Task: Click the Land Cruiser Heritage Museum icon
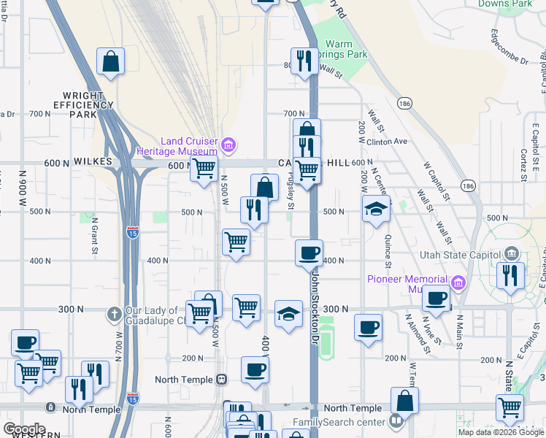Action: pyautogui.click(x=228, y=145)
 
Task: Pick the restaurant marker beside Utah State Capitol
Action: pyautogui.click(x=510, y=276)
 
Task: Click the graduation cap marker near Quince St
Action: pyautogui.click(x=377, y=210)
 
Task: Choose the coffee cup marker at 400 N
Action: pyautogui.click(x=309, y=253)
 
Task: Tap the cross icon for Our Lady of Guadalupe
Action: pyautogui.click(x=113, y=314)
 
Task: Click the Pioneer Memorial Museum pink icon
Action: pyautogui.click(x=458, y=282)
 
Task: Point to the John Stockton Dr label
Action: pyautogui.click(x=316, y=307)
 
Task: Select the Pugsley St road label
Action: pyautogui.click(x=291, y=193)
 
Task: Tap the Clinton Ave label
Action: pyautogui.click(x=385, y=142)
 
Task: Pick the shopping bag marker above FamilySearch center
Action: pyautogui.click(x=404, y=401)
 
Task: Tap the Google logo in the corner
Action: pyautogui.click(x=24, y=429)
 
